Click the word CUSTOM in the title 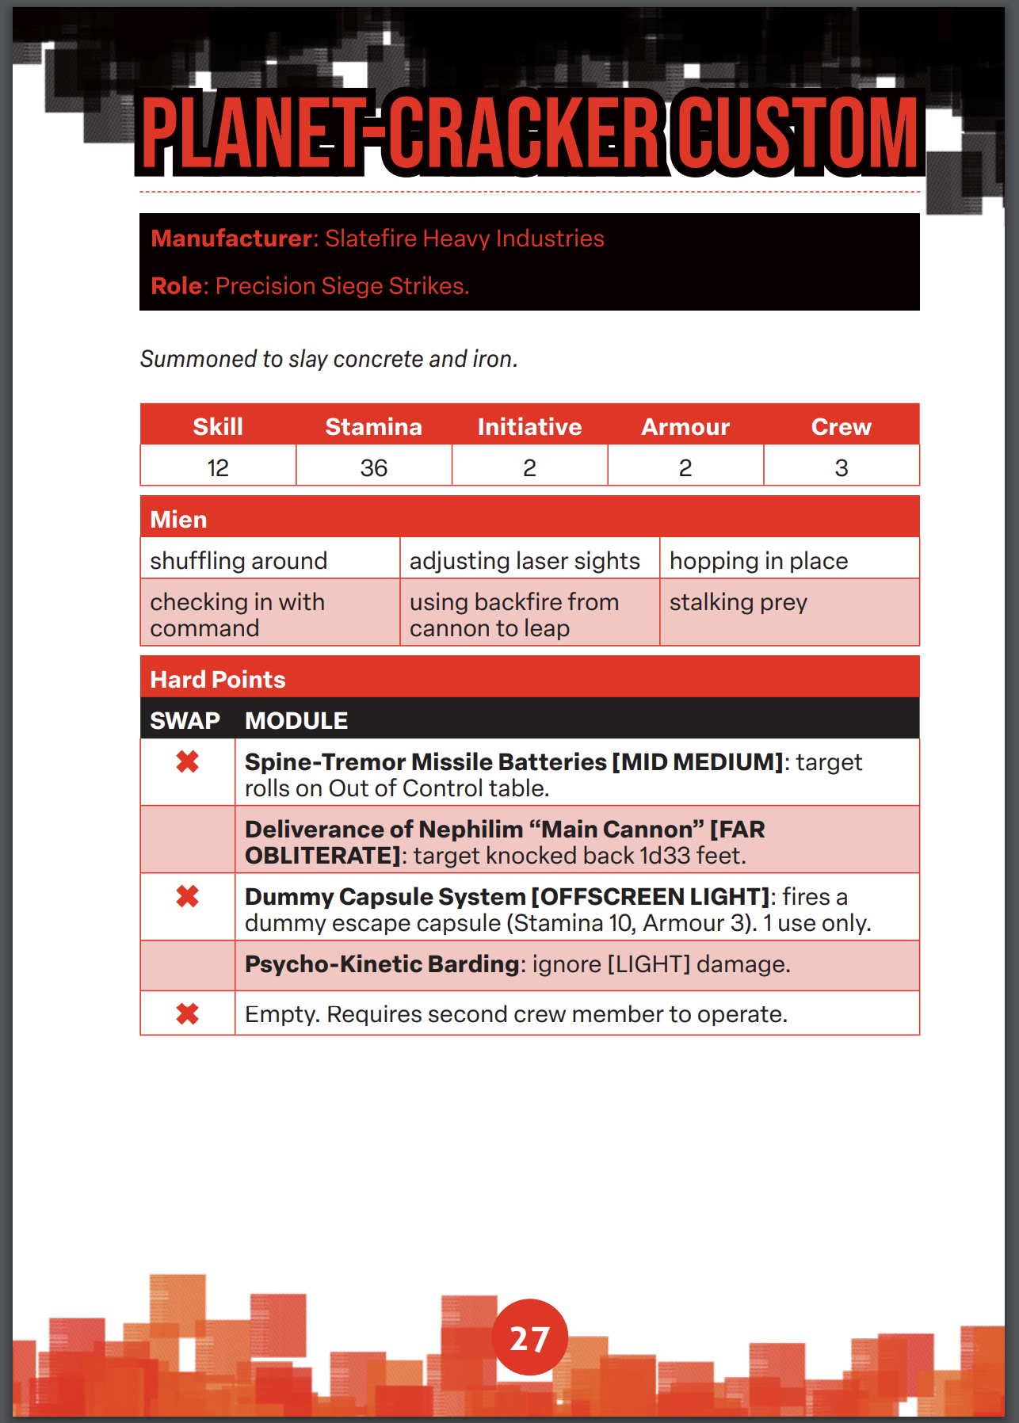click(x=797, y=133)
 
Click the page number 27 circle click(x=529, y=1337)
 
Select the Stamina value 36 click(x=373, y=468)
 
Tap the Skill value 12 click(x=218, y=468)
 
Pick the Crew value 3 click(x=841, y=468)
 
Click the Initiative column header click(x=529, y=427)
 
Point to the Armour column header click(x=685, y=427)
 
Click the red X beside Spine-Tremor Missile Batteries click(x=188, y=762)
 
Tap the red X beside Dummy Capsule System click(x=188, y=897)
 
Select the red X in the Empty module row click(x=188, y=1014)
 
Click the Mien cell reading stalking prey click(x=738, y=602)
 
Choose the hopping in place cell click(x=758, y=561)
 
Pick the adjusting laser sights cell click(x=524, y=561)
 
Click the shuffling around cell click(x=239, y=561)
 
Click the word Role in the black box click(x=177, y=286)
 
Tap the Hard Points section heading click(x=218, y=680)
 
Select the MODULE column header click(x=296, y=721)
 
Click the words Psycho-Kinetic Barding click(x=381, y=964)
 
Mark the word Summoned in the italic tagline click(x=198, y=359)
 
